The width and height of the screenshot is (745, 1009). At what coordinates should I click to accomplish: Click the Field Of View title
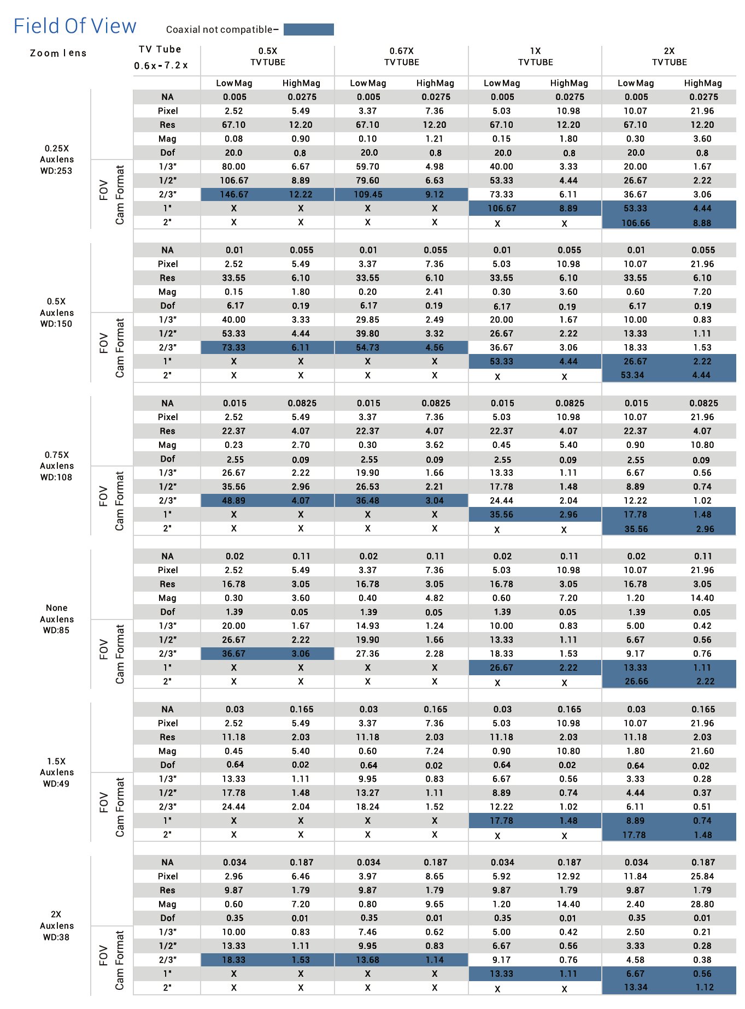tap(75, 26)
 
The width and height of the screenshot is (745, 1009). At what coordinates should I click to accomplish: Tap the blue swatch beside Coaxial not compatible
tap(308, 29)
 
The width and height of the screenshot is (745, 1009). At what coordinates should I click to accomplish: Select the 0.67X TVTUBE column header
tap(402, 57)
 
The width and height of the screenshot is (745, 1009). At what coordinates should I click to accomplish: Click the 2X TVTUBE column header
tap(670, 57)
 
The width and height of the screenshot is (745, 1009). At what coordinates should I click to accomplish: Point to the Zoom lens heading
tap(58, 53)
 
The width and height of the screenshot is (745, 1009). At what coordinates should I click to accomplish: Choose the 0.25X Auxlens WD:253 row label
tap(56, 160)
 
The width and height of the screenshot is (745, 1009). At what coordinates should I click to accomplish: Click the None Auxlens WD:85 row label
tap(56, 619)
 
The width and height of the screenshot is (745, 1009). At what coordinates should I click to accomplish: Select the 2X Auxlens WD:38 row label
tap(56, 925)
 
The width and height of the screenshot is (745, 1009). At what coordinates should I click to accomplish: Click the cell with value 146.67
tap(234, 194)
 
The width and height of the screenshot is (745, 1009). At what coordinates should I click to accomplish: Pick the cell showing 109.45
tap(368, 194)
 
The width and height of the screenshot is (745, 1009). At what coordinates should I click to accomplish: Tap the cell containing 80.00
tap(234, 167)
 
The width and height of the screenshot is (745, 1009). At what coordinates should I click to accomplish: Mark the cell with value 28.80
tap(702, 904)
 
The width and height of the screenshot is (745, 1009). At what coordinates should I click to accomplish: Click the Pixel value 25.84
tap(702, 876)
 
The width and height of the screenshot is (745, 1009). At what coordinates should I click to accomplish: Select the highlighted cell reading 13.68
tap(368, 960)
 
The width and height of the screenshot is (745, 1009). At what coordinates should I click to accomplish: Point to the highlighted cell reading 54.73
tap(368, 347)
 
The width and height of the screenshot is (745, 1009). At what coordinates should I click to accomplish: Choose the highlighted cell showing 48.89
tap(234, 500)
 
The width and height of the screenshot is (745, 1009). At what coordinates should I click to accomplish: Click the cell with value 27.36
tap(368, 653)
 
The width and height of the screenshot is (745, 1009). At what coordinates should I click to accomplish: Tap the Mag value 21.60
tap(702, 751)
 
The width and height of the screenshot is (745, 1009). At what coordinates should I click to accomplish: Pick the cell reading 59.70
tap(368, 167)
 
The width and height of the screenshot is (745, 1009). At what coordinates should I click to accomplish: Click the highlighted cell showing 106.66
tap(636, 222)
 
